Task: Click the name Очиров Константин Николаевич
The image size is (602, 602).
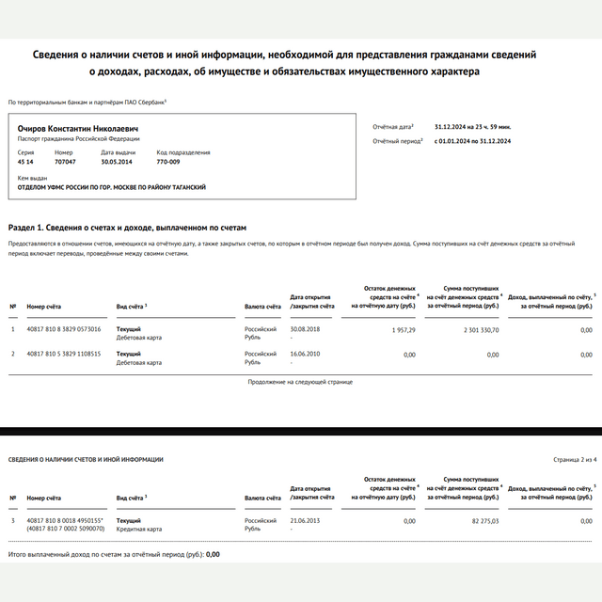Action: [x=78, y=128]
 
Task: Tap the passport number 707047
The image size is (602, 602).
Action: [x=65, y=162]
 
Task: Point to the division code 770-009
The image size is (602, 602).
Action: [x=167, y=162]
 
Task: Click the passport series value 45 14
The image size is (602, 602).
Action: [x=25, y=162]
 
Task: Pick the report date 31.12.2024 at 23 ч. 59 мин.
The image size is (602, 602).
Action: [x=472, y=126]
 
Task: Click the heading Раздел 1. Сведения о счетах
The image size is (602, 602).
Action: [x=127, y=228]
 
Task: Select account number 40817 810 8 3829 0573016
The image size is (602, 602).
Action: [x=64, y=329]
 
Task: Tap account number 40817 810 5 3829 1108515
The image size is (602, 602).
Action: [x=64, y=354]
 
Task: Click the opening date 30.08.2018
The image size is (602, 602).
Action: [x=306, y=329]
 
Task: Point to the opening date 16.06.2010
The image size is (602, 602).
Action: [x=306, y=354]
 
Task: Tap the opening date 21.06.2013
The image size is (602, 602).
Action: [x=306, y=520]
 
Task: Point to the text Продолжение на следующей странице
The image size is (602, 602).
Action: [x=300, y=383]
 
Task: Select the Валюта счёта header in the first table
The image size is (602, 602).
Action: [x=262, y=306]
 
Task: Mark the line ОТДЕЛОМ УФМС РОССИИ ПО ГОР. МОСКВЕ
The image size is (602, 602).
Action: [x=112, y=187]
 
